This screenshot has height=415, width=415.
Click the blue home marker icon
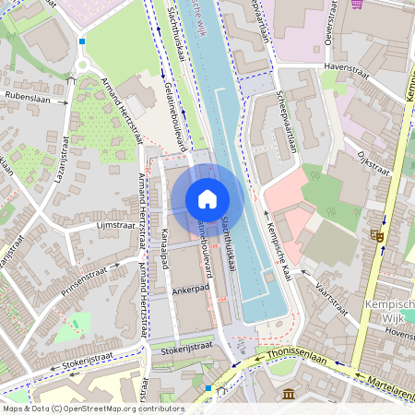tap(207, 199)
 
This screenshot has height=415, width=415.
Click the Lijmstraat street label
tap(115, 224)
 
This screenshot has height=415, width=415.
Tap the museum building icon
tap(289, 395)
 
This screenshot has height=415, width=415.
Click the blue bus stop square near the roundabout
tap(81, 41)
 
